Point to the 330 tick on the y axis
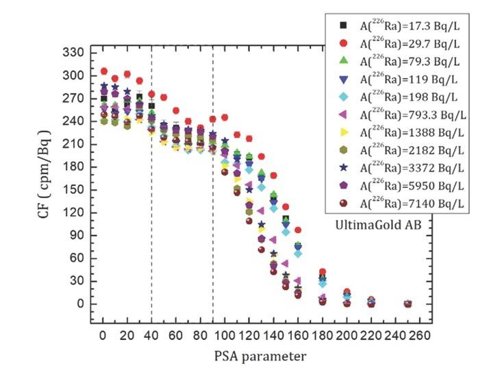(76, 53)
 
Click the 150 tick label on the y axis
(76, 190)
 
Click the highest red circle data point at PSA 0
(104, 71)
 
